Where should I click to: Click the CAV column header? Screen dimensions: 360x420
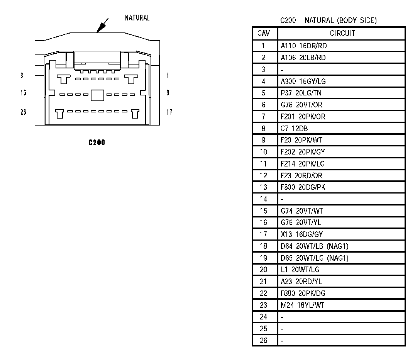(x=264, y=34)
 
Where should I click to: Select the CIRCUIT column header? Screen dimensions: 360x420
(x=342, y=34)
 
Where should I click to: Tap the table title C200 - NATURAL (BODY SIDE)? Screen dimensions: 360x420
(x=328, y=20)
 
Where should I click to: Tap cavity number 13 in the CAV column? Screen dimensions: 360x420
(x=264, y=187)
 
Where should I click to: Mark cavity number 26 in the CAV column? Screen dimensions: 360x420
(x=264, y=341)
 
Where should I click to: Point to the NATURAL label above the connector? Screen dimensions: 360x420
(x=137, y=18)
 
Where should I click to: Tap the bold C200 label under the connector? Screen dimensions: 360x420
(x=97, y=143)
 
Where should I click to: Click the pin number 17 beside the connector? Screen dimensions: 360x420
(x=169, y=112)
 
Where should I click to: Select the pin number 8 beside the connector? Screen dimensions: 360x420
(x=22, y=76)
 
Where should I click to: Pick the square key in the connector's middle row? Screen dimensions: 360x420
(x=97, y=95)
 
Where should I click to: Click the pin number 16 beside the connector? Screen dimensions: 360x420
(x=23, y=93)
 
